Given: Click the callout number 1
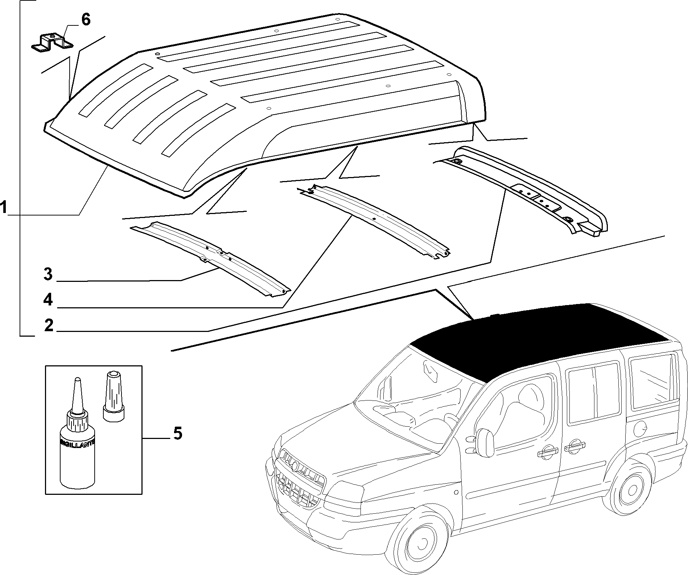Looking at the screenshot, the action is coord(4,208).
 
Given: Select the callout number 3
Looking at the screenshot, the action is coord(48,274).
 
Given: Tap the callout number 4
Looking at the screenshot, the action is coord(48,300).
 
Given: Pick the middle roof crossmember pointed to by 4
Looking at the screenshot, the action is coord(374,221).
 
